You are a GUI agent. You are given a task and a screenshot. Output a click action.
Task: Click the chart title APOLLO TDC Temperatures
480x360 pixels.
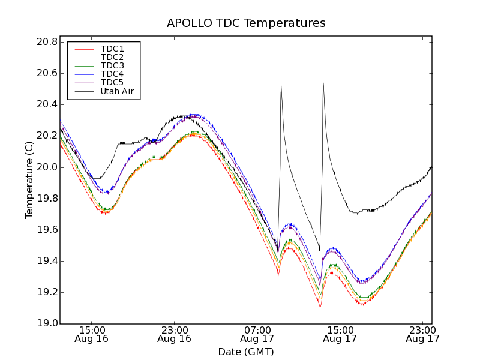tap(246, 23)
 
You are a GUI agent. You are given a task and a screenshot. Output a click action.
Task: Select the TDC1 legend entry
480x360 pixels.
tap(112, 49)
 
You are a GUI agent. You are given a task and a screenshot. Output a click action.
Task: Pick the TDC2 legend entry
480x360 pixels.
tap(112, 57)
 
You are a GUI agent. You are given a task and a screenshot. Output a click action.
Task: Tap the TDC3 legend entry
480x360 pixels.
tap(112, 65)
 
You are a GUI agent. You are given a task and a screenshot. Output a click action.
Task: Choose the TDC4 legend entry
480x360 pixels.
tap(112, 74)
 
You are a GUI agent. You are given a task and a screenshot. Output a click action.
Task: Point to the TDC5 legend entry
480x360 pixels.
tap(112, 82)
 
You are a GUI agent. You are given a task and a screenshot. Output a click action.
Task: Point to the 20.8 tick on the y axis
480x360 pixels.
tap(46, 42)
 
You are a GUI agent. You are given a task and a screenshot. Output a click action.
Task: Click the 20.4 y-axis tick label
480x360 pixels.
tap(46, 104)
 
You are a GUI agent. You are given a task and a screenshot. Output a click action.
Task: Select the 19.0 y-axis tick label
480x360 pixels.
tap(46, 323)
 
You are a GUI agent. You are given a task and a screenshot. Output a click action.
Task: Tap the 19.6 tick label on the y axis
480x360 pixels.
tap(46, 230)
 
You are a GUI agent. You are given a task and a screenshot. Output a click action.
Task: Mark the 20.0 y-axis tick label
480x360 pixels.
tap(46, 167)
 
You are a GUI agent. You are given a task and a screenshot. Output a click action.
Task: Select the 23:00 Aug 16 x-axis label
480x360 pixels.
tap(174, 334)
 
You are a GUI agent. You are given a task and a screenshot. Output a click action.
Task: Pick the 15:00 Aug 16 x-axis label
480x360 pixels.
tap(91, 334)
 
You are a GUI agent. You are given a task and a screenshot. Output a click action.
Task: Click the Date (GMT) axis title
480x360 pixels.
tap(246, 352)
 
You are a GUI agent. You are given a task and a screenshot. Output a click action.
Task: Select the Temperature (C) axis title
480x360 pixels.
tap(29, 180)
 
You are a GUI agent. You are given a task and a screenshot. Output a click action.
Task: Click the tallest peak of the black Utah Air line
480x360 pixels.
tap(323, 83)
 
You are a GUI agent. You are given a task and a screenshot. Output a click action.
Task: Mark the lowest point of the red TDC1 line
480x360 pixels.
tap(320, 307)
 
